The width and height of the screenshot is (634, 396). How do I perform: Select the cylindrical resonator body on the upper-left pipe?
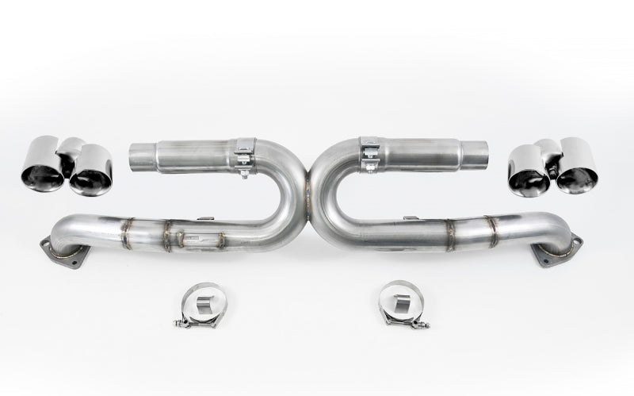coord(194,156)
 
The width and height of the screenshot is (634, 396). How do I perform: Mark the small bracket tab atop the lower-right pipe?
coord(411,217)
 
